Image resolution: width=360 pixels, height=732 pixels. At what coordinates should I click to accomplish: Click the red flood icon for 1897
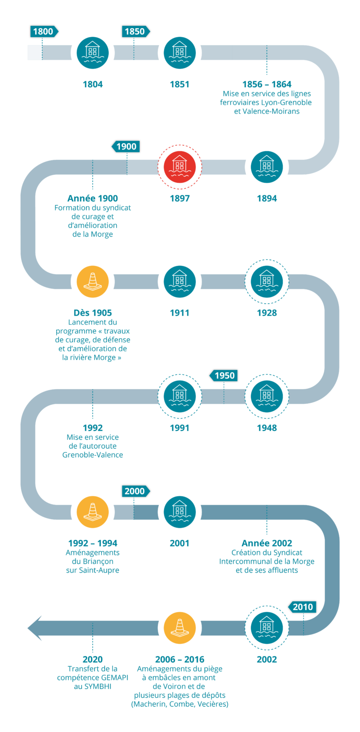click(180, 167)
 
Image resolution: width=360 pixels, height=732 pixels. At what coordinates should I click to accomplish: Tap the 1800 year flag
click(44, 31)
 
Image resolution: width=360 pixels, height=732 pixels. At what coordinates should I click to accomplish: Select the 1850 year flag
click(135, 31)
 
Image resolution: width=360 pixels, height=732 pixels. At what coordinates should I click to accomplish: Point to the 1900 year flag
click(126, 146)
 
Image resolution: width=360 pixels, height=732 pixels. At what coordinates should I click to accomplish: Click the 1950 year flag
click(224, 376)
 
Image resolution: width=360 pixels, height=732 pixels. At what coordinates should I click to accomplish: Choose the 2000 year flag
click(135, 491)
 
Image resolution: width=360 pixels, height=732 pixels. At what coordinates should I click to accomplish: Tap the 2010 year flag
click(302, 607)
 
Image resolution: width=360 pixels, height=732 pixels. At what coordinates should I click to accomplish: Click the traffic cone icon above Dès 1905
click(92, 281)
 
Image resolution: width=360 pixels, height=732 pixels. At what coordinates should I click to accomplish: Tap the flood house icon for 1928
click(267, 281)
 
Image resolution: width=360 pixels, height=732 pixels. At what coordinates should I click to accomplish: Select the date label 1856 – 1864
click(266, 84)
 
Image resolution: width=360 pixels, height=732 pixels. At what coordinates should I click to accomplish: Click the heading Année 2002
click(266, 543)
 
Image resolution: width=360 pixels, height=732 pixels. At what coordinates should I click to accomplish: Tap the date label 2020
click(92, 659)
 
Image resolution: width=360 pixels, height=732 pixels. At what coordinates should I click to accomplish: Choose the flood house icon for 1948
click(267, 396)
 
